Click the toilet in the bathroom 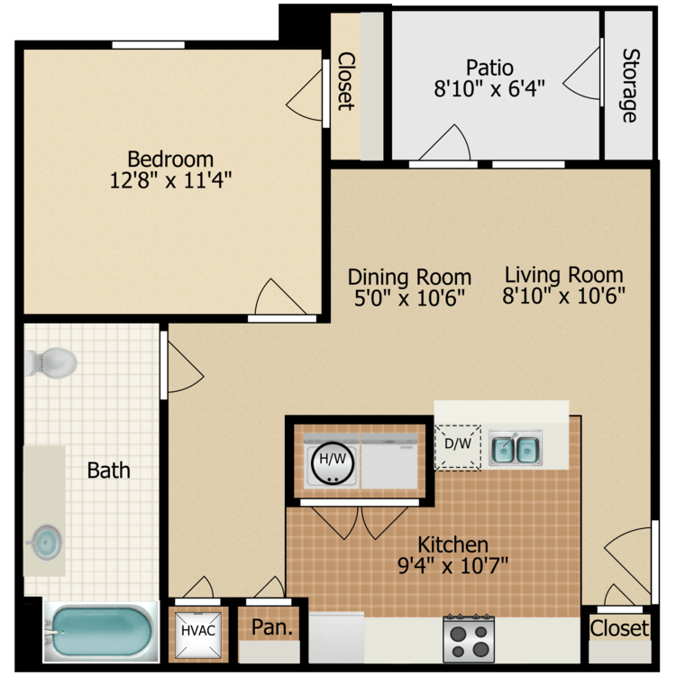(x=52, y=362)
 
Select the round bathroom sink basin (x=46, y=542)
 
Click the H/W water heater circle (x=331, y=461)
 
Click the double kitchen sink (x=516, y=448)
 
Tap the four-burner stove (x=469, y=639)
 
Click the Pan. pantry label (x=271, y=628)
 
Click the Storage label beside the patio (x=628, y=85)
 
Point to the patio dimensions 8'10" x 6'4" (x=489, y=89)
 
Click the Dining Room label (x=409, y=277)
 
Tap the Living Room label (x=563, y=274)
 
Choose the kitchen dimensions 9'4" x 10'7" (x=452, y=566)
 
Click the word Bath (x=108, y=470)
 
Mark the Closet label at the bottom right (x=619, y=628)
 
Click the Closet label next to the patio (x=345, y=80)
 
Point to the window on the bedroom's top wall (x=148, y=45)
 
